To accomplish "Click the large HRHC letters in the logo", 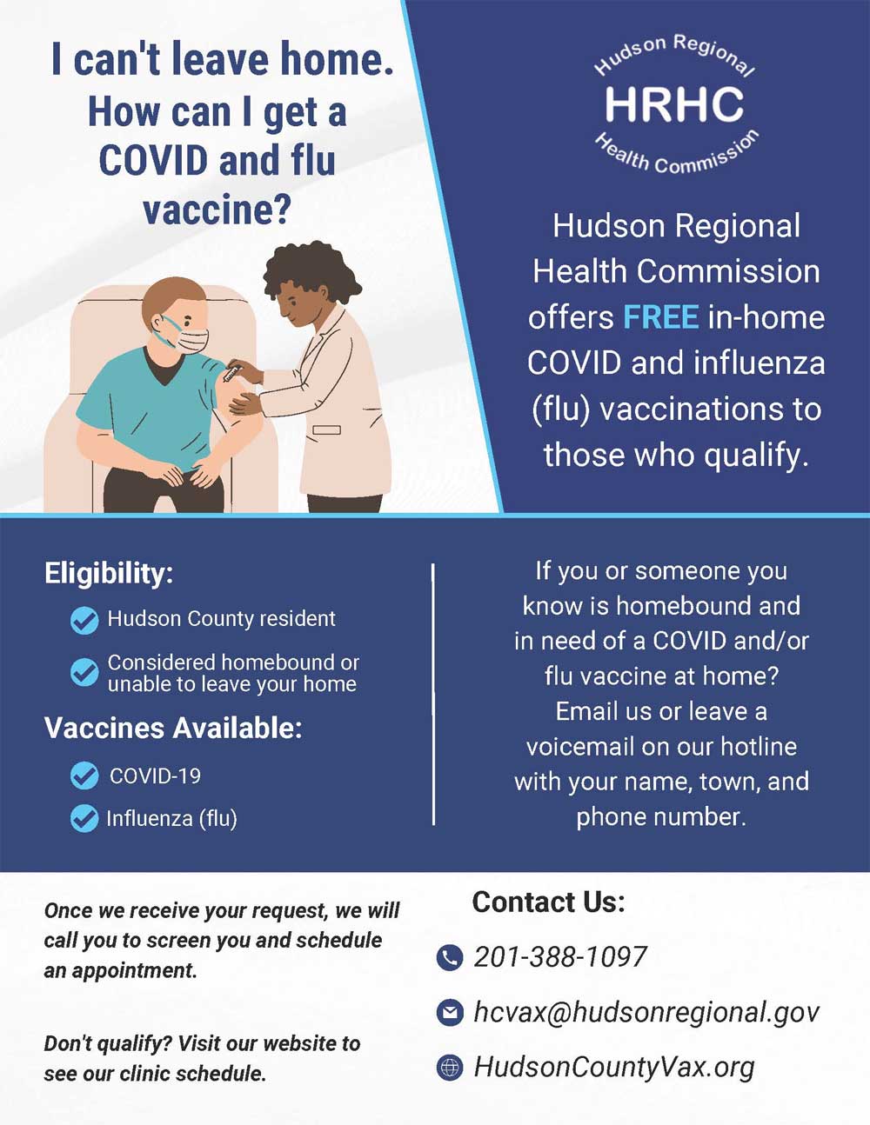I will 674,104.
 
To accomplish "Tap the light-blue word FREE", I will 660,317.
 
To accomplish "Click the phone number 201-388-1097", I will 560,957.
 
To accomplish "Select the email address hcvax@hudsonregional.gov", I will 646,1012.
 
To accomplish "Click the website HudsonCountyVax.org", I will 613,1067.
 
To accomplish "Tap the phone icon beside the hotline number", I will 449,958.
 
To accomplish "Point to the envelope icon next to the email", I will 449,1013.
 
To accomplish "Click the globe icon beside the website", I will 449,1068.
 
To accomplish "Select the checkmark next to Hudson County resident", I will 84,620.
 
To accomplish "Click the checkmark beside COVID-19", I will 84,776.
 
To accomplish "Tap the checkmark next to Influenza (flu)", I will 84,818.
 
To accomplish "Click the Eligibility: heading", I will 109,574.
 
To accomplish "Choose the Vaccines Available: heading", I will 173,728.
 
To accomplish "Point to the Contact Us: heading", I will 548,902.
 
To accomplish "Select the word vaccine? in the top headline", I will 216,210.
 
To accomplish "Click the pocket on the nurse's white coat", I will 326,429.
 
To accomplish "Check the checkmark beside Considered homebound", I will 84,672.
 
